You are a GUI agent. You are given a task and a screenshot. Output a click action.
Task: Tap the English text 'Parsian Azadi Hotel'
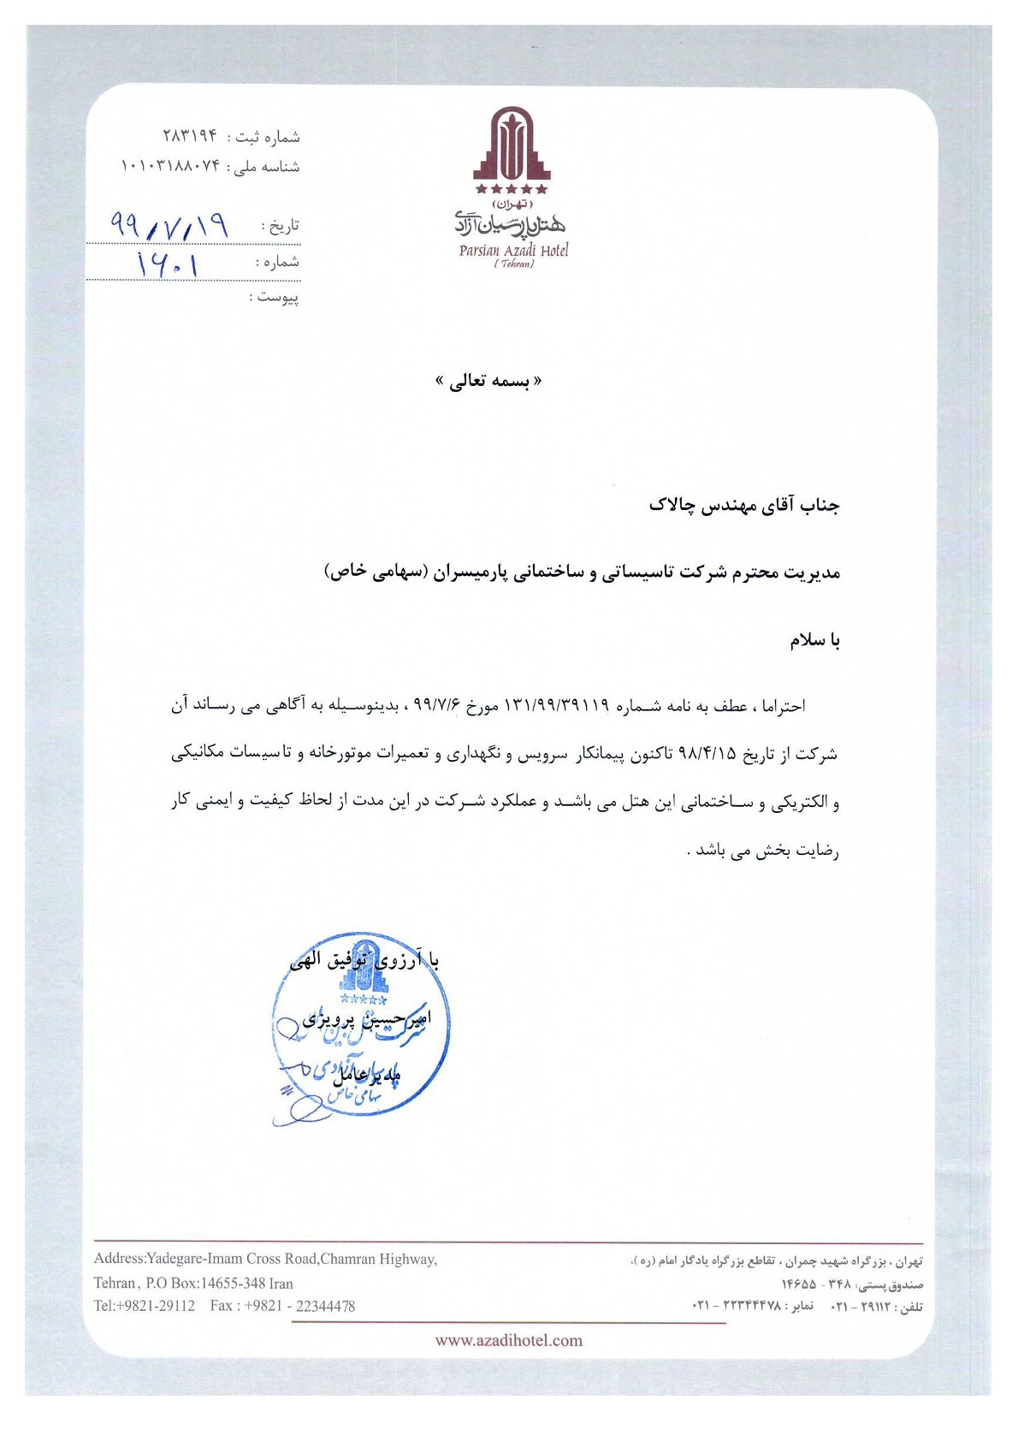coord(513,251)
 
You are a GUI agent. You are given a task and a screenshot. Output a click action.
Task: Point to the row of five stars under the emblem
coord(512,188)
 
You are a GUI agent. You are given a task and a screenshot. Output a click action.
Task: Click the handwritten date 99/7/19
coord(170,226)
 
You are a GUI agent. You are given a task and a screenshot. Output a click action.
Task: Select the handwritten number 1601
coord(169,264)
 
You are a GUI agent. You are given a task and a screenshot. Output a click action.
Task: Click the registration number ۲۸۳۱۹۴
coord(190,137)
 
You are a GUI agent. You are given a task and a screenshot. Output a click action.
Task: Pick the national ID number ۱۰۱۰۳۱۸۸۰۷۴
coord(170,165)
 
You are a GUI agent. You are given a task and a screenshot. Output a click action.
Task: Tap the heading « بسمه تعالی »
coord(488,382)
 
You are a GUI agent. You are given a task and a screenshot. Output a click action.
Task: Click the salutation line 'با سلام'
coord(814,641)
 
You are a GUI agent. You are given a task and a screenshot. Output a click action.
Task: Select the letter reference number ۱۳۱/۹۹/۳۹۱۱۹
coord(557,706)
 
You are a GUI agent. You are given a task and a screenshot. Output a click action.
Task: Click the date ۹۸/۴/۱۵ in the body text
coord(707,754)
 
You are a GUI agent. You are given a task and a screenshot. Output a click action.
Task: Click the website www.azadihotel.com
coord(508,1340)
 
